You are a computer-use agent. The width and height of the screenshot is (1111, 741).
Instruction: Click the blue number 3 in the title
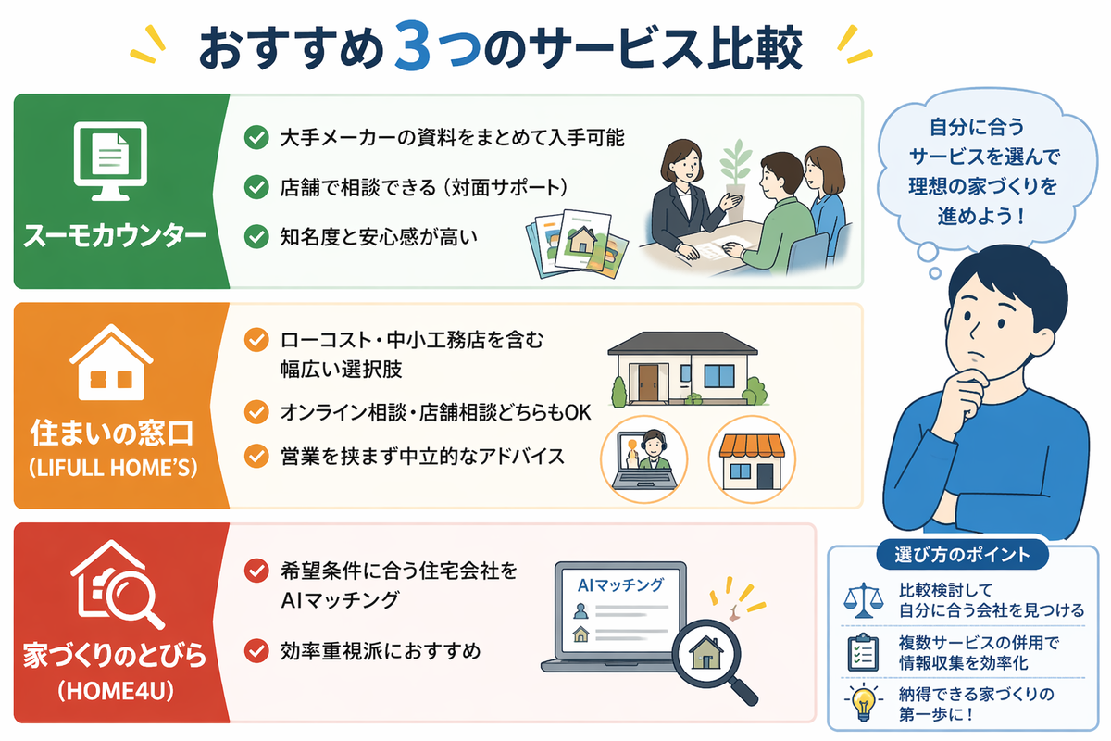[x=412, y=45]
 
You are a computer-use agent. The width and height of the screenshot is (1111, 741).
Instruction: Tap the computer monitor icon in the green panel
[x=110, y=160]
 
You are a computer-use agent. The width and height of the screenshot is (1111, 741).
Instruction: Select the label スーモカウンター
[x=115, y=235]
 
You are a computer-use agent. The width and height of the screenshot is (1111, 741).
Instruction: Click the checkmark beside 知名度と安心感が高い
[x=256, y=236]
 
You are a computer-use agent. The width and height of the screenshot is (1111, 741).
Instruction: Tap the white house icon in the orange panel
[x=111, y=362]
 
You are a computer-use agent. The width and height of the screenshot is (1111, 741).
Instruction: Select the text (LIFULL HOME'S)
[x=114, y=468]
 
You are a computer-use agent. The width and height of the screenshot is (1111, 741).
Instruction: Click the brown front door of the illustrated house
[x=648, y=383]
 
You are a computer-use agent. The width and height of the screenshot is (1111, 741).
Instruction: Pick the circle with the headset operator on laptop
[x=644, y=459]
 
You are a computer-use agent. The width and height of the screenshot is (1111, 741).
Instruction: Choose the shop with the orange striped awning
[x=752, y=461]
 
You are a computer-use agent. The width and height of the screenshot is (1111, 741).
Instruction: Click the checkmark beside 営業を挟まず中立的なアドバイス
[x=256, y=456]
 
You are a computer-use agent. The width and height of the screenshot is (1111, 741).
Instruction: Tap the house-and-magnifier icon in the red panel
[x=117, y=584]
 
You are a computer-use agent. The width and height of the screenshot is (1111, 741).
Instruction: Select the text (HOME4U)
[x=116, y=691]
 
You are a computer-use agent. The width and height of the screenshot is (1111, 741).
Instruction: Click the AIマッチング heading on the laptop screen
[x=620, y=585]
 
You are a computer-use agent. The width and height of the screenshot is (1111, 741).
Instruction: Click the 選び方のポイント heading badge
[x=962, y=555]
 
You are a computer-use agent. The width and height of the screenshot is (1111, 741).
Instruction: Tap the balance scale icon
[x=864, y=600]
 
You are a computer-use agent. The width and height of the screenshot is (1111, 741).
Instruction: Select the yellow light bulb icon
[x=864, y=702]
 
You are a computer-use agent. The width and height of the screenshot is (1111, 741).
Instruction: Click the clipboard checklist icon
[x=863, y=652]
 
